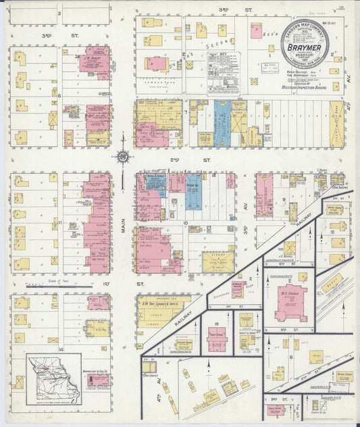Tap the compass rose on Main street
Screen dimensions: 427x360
click(x=123, y=157)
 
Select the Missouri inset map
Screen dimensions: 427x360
click(x=54, y=379)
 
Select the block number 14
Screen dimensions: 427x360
click(x=60, y=349)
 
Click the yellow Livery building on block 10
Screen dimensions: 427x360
click(x=218, y=261)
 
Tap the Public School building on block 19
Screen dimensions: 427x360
click(x=216, y=341)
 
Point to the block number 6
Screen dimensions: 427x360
click(x=60, y=95)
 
